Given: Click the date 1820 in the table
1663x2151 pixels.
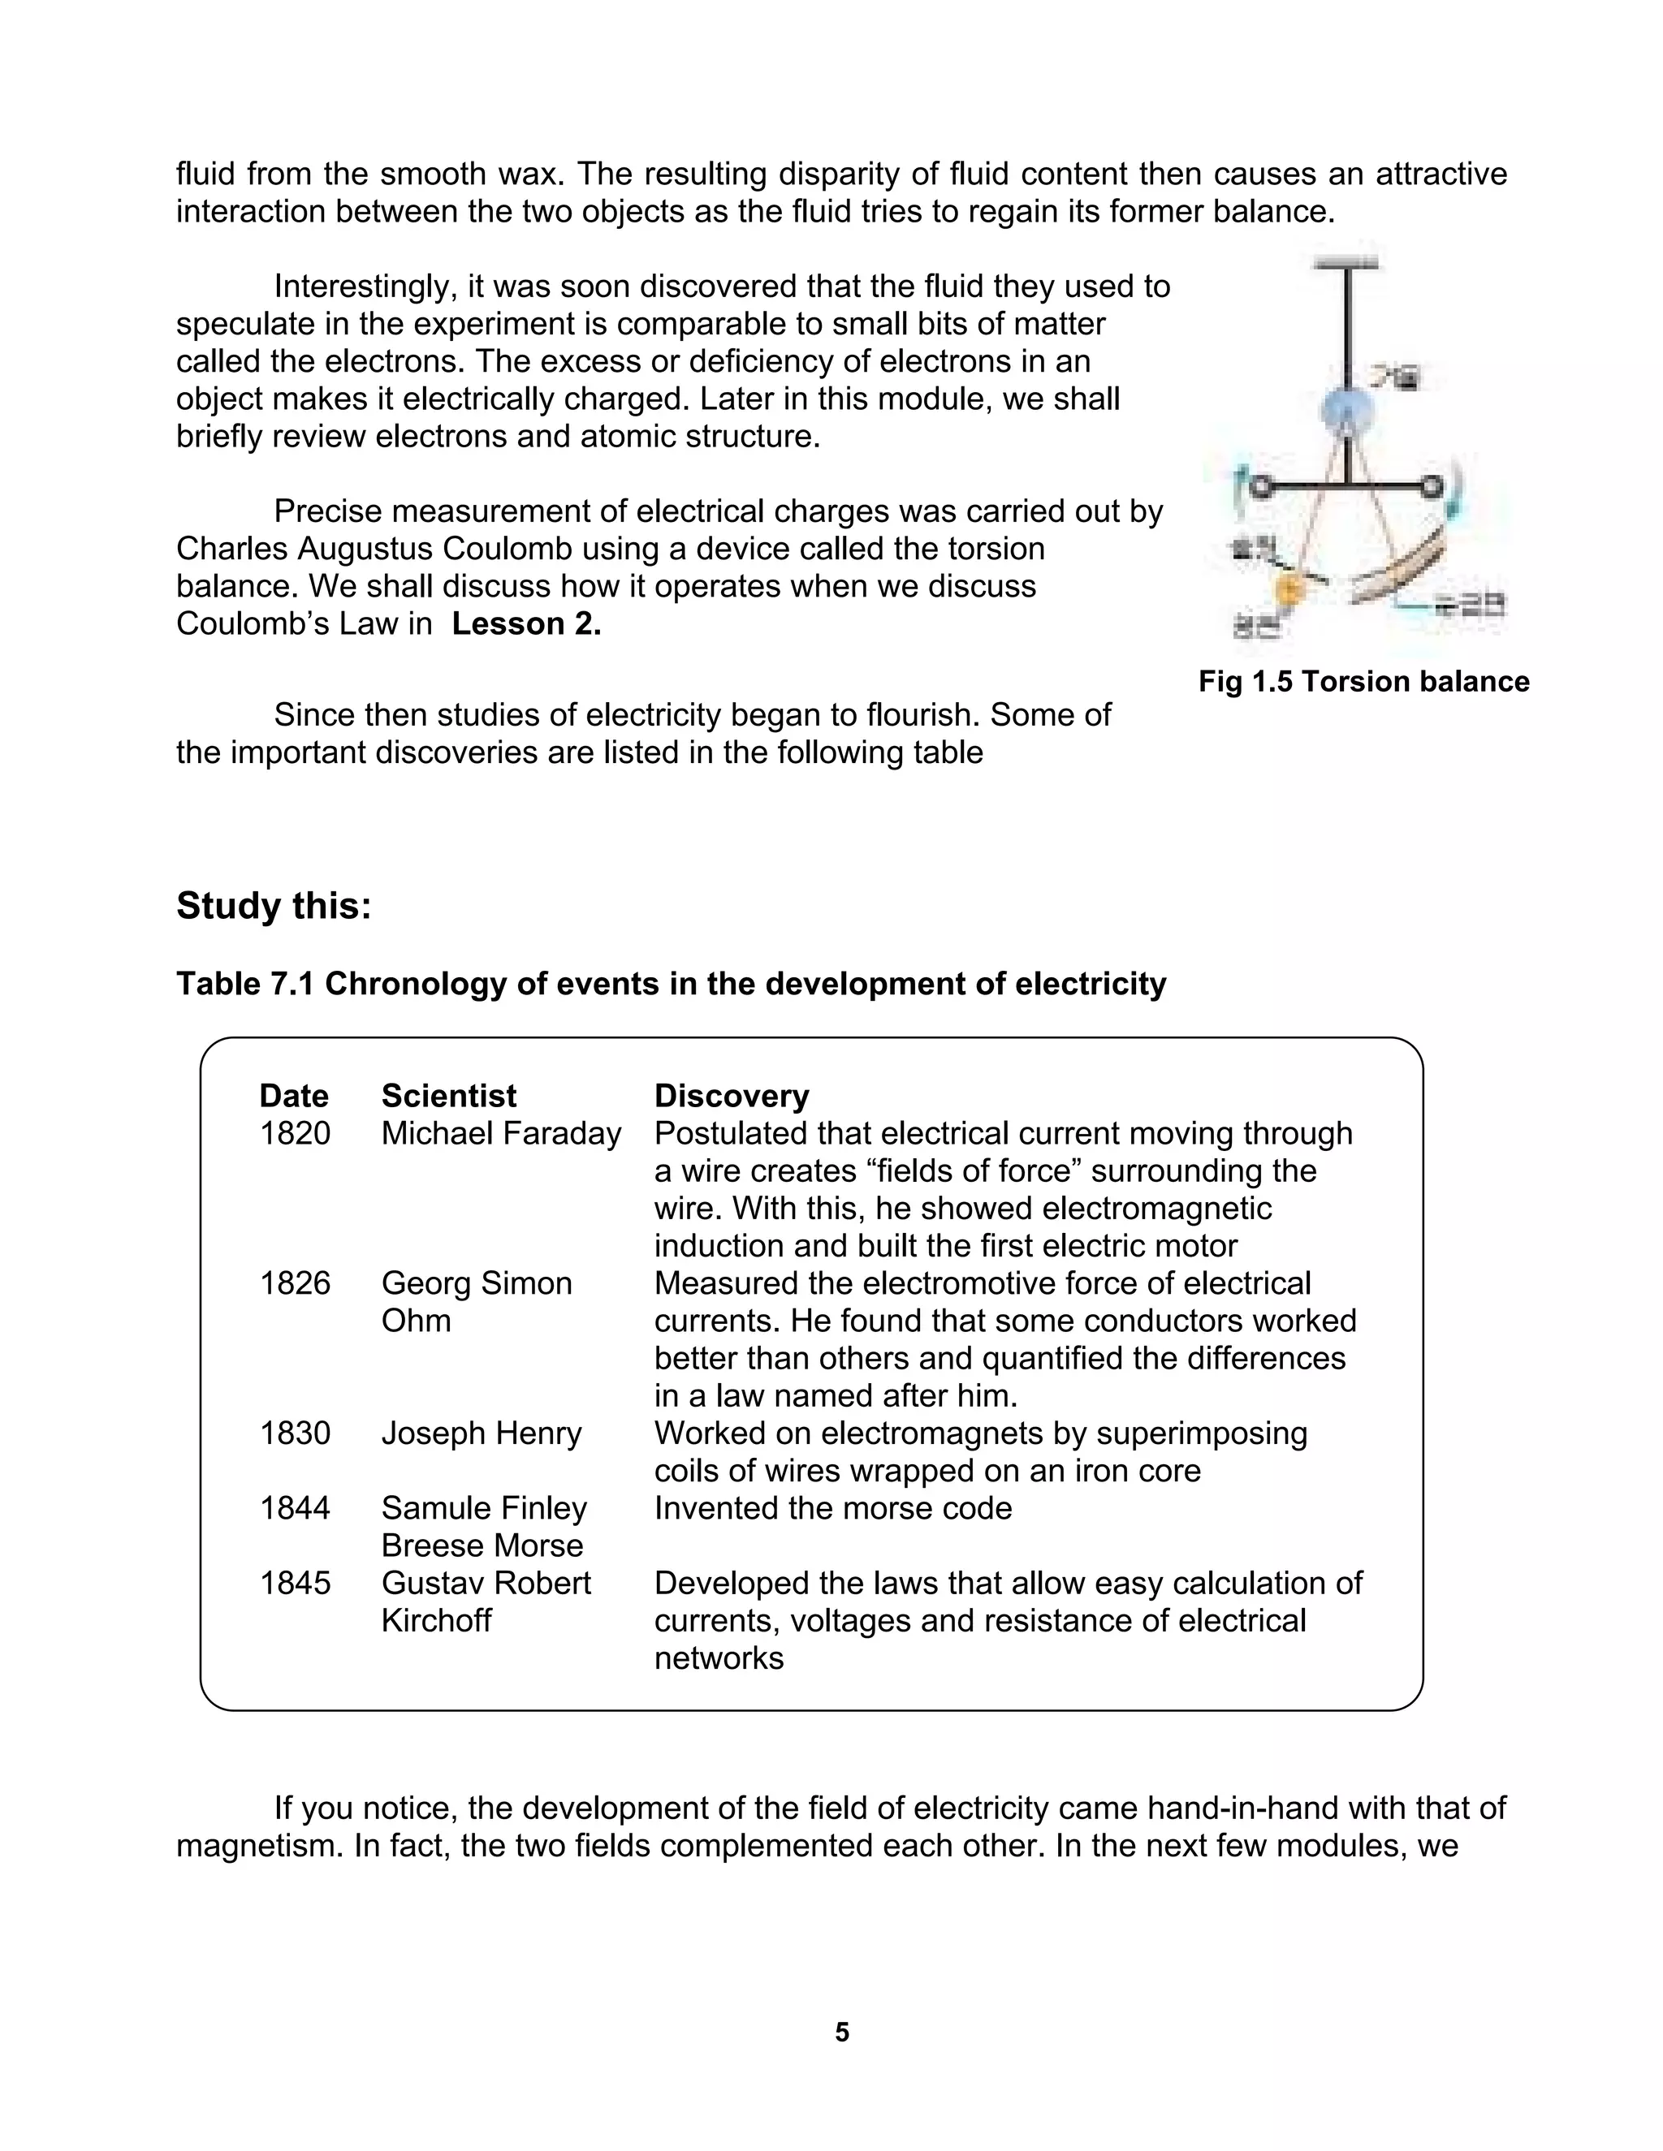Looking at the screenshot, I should tap(295, 1134).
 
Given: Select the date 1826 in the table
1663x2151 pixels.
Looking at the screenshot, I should tap(295, 1283).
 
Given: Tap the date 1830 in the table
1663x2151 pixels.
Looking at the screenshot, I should tap(295, 1433).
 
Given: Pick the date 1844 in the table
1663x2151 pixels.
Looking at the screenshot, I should tap(295, 1508).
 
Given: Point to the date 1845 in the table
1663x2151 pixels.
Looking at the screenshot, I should tap(295, 1583).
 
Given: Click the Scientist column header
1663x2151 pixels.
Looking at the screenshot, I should tap(448, 1096).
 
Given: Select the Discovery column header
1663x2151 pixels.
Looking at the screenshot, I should tap(731, 1096).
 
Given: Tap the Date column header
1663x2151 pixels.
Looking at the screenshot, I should tap(294, 1096).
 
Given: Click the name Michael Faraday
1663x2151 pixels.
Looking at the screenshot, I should tap(500, 1134).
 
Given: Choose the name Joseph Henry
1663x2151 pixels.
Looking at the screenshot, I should tap(481, 1433).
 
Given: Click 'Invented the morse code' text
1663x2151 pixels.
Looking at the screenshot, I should tap(832, 1508).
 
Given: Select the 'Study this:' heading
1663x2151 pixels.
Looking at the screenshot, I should tap(274, 906).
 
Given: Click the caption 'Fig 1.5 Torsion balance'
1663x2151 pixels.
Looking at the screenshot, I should tap(1363, 682).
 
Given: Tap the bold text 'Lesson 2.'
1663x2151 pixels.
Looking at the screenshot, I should tap(526, 624).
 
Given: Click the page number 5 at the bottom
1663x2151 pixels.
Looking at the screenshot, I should tap(841, 2032).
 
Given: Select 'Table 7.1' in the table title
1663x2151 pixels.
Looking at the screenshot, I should tap(245, 983).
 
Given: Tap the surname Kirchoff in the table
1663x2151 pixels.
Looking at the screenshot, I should tap(435, 1620).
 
